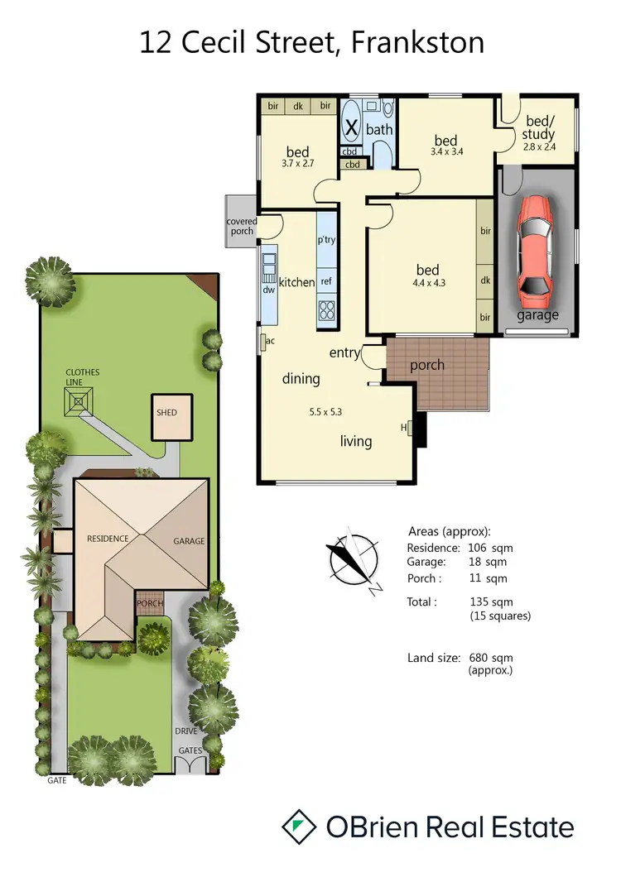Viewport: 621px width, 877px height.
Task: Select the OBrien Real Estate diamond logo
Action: (x=300, y=827)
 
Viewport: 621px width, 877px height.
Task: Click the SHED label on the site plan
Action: (x=166, y=412)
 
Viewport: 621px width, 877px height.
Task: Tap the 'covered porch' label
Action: (x=243, y=226)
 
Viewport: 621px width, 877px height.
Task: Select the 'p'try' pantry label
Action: (x=326, y=240)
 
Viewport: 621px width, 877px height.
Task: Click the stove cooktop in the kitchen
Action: (x=326, y=311)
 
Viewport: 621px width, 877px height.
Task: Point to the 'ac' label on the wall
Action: (x=271, y=340)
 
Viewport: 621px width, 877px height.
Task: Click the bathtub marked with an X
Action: (x=351, y=128)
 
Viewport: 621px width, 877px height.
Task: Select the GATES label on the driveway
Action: (x=190, y=750)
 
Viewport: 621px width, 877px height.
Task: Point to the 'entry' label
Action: (x=345, y=353)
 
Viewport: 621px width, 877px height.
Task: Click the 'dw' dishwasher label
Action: (x=268, y=290)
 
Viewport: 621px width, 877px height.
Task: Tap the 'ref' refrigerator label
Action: (x=326, y=281)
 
